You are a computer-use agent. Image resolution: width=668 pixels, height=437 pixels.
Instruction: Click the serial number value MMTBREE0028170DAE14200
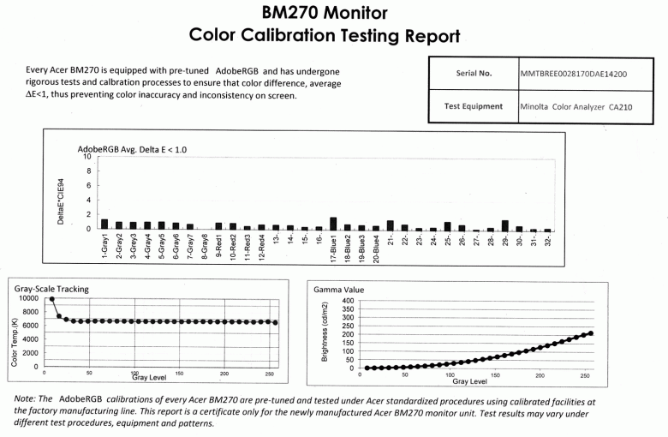573,74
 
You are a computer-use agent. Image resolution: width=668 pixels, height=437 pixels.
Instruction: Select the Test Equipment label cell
473,108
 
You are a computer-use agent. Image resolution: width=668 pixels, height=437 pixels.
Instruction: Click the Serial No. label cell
473,74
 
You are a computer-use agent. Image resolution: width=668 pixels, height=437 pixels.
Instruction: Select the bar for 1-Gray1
104,224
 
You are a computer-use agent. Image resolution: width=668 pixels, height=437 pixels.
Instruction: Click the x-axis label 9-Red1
220,247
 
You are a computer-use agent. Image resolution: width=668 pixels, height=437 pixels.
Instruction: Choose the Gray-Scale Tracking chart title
52,289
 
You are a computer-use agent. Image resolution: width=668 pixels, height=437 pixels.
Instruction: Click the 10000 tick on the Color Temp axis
28,298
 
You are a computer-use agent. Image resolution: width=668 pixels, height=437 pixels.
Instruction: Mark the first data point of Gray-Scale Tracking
52,300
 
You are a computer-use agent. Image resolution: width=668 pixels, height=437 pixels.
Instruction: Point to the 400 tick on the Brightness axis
347,301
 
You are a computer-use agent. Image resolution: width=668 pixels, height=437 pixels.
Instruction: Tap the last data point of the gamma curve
591,333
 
